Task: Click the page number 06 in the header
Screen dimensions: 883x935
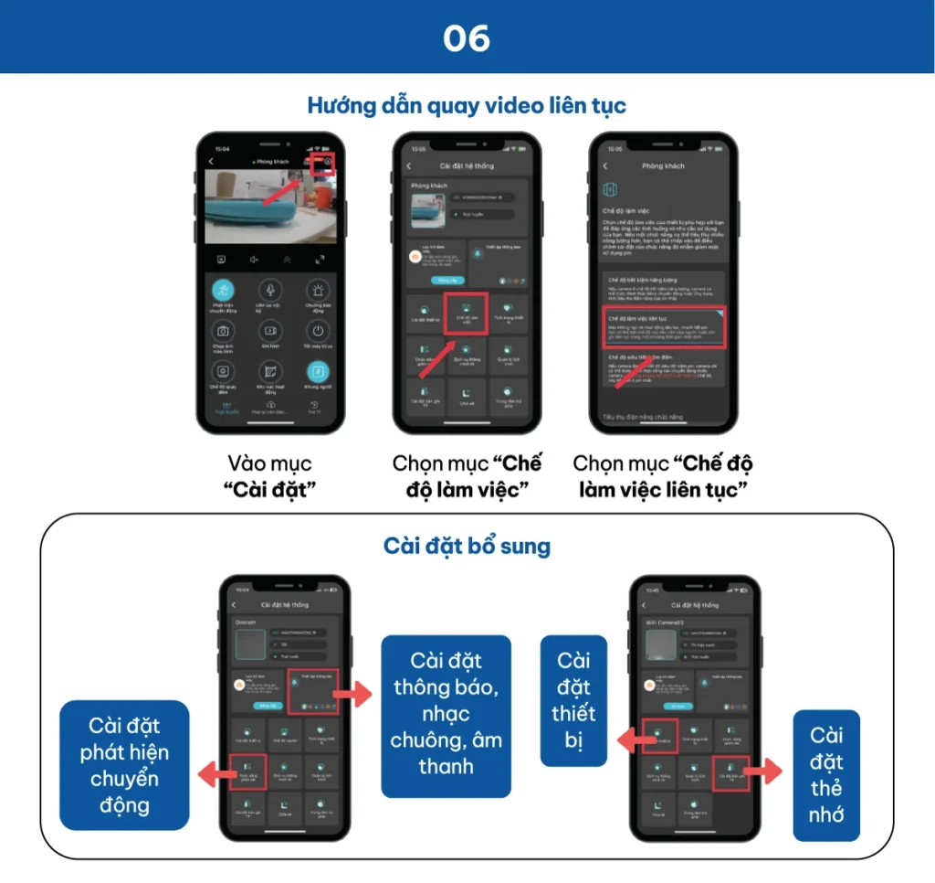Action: (x=467, y=38)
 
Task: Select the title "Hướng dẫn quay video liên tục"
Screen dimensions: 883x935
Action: (x=467, y=105)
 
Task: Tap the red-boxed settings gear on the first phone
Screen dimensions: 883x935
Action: (x=323, y=163)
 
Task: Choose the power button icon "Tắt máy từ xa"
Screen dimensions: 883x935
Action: (x=317, y=331)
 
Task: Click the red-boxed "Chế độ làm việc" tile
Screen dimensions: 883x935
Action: (x=466, y=314)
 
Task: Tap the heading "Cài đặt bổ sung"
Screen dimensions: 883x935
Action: (x=467, y=547)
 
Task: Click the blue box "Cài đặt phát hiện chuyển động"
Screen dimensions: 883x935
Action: (x=124, y=766)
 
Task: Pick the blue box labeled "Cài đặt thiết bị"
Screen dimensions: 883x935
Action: (x=573, y=700)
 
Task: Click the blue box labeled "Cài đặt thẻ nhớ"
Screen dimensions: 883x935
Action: (x=826, y=775)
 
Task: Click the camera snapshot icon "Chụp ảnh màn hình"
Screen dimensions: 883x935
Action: (x=223, y=331)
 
